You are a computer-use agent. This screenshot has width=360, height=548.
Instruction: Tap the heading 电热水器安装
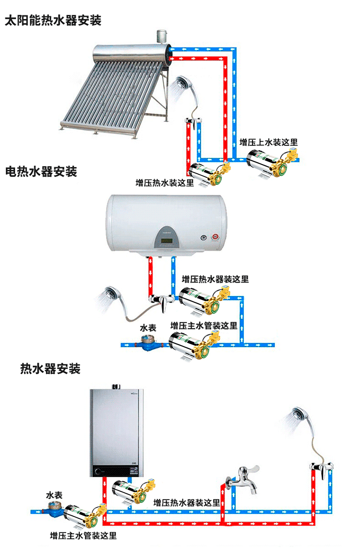coord(41,171)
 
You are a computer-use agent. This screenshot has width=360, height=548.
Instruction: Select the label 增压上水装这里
coord(269,142)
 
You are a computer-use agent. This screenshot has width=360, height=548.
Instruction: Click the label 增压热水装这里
coord(165,183)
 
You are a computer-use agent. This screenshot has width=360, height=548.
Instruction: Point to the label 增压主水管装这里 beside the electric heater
coord(204,325)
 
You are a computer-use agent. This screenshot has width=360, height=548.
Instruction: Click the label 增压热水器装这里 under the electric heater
coord(216,279)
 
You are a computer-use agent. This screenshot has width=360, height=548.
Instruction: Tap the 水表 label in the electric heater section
coord(148,328)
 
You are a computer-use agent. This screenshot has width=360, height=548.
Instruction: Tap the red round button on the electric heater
coord(215,237)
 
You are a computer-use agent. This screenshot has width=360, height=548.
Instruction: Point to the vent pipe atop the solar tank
coord(160,36)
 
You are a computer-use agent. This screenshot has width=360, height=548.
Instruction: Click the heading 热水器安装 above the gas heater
coord(50,369)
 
